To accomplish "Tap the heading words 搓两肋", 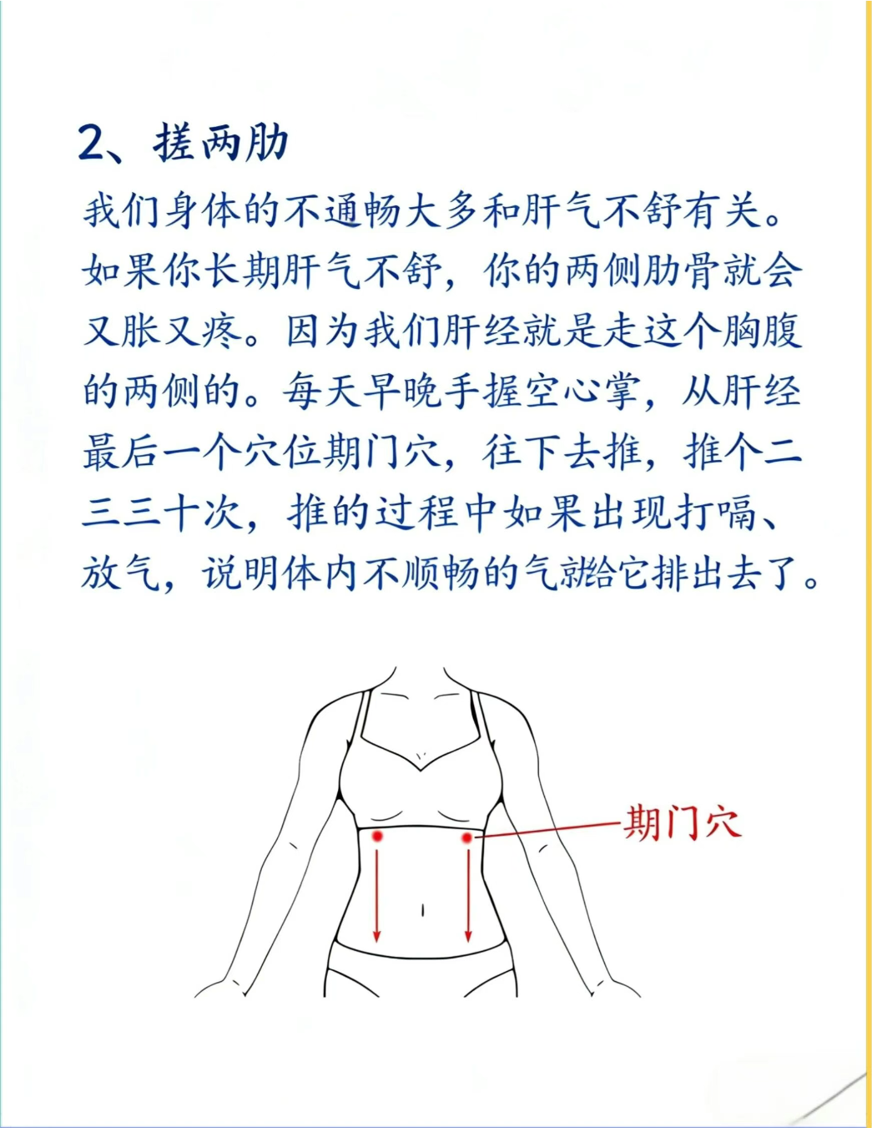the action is [x=220, y=142].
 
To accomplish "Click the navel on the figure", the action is [x=423, y=910].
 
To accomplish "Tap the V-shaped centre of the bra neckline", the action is [x=421, y=769].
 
